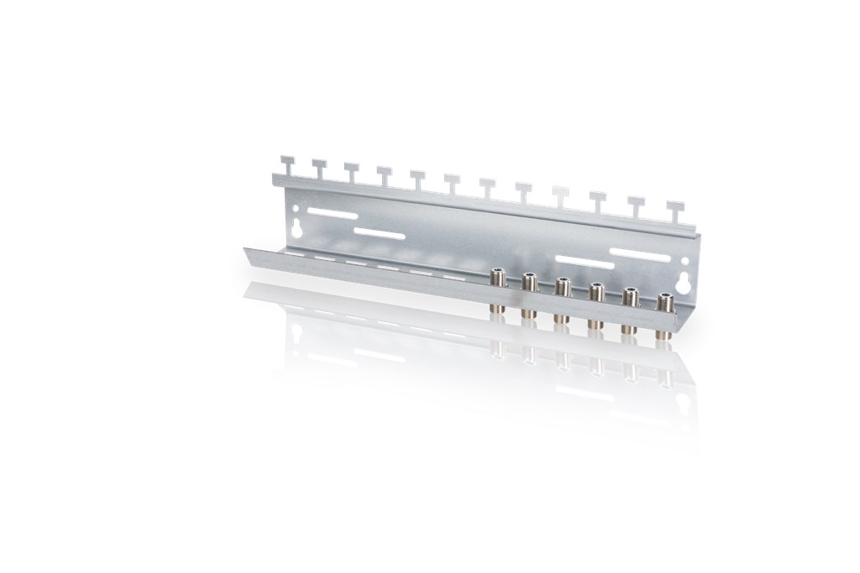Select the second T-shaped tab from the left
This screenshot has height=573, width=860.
click(x=319, y=167)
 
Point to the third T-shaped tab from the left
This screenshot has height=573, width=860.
click(x=351, y=170)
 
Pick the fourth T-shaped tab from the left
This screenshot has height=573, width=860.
click(x=384, y=175)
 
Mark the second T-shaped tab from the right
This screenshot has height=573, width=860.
click(x=636, y=205)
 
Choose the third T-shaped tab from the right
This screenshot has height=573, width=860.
click(x=597, y=200)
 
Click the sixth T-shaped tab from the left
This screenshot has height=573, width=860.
click(x=451, y=182)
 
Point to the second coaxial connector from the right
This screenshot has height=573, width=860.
click(x=630, y=308)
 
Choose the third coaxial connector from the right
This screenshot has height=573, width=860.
click(x=595, y=303)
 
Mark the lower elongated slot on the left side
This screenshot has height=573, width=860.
click(x=379, y=234)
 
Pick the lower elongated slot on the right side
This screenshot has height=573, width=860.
click(x=585, y=263)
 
